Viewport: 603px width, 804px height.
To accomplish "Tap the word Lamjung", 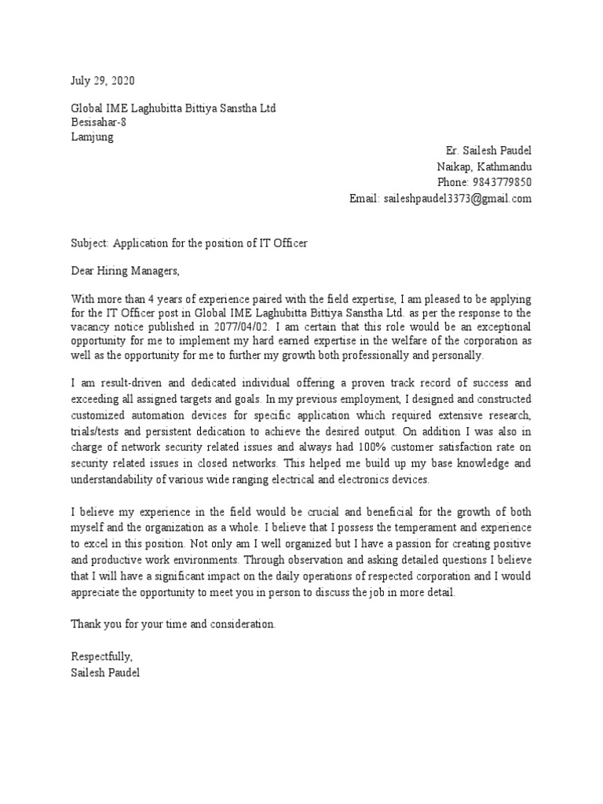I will click(92, 137).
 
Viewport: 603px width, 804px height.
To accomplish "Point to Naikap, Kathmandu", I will click(484, 166).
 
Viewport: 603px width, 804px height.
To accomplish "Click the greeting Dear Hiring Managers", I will click(126, 272).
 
